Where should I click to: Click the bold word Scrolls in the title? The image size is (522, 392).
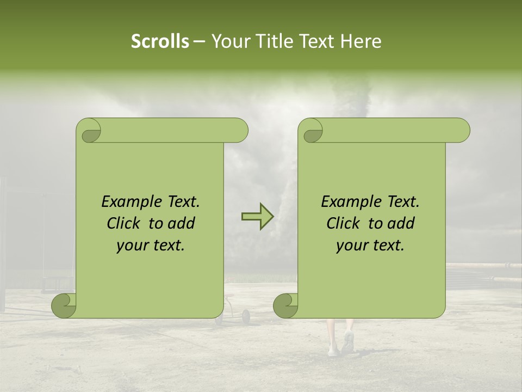[x=160, y=41]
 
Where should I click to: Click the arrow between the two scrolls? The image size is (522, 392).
[x=257, y=217]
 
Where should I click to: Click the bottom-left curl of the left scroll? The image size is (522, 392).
[x=63, y=305]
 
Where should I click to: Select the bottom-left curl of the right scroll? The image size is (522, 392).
[x=285, y=305]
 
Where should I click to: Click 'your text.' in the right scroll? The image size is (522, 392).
[x=370, y=246]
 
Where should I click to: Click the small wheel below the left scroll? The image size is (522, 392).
[x=246, y=315]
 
